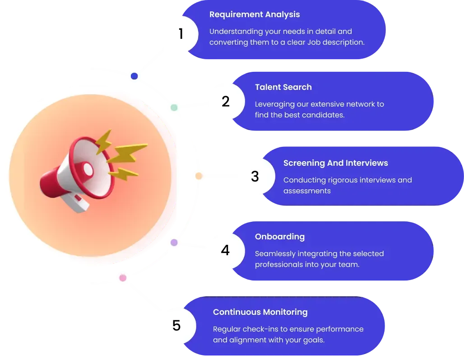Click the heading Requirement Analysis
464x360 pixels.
click(x=255, y=14)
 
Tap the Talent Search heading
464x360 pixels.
click(x=283, y=87)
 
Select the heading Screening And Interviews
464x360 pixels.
click(x=335, y=163)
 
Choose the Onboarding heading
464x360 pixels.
click(x=280, y=237)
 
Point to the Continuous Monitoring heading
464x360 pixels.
click(x=260, y=312)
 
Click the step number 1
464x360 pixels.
click(x=181, y=33)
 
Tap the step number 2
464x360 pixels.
click(x=226, y=101)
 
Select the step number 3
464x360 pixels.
click(x=255, y=176)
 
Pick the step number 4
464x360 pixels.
click(x=225, y=250)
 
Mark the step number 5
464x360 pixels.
click(x=176, y=325)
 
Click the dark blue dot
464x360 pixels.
click(x=135, y=76)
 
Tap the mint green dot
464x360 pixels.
click(x=174, y=108)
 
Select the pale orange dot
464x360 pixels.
click(x=199, y=176)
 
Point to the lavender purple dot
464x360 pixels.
click(x=174, y=243)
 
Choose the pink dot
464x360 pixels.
click(x=123, y=278)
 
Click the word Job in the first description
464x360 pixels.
click(x=314, y=42)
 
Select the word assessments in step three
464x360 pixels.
click(x=307, y=191)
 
